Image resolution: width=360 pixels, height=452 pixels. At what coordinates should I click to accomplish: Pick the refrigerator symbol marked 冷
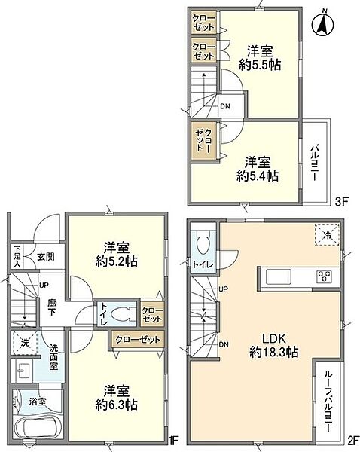click(325, 237)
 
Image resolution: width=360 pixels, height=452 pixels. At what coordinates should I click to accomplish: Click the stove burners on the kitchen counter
click(323, 275)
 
